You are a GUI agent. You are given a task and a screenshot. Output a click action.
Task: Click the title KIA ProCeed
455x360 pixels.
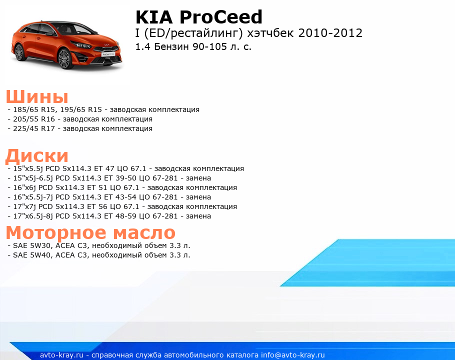click(x=199, y=17)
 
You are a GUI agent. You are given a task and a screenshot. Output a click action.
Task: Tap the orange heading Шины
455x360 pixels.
click(x=37, y=96)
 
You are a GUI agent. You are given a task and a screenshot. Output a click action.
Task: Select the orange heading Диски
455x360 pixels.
click(x=37, y=156)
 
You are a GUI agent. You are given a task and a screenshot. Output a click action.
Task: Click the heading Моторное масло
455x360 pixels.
click(x=90, y=232)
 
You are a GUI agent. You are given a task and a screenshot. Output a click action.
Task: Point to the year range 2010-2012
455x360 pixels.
click(x=330, y=33)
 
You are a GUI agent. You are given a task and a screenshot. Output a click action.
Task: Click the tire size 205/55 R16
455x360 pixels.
click(x=34, y=119)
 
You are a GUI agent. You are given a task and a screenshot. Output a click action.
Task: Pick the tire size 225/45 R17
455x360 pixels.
click(x=34, y=128)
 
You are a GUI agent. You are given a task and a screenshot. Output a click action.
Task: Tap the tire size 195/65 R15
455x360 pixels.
click(x=81, y=109)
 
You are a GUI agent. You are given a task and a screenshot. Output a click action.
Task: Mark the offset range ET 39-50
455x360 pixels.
click(x=120, y=178)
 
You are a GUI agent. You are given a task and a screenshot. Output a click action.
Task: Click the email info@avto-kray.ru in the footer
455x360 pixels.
click(x=293, y=355)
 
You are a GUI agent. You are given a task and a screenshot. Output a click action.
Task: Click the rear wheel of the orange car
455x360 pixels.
click(x=19, y=52)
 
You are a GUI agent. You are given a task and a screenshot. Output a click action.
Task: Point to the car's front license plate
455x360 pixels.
click(x=108, y=54)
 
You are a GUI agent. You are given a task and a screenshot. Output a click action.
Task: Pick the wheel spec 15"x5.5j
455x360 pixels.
click(x=27, y=168)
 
